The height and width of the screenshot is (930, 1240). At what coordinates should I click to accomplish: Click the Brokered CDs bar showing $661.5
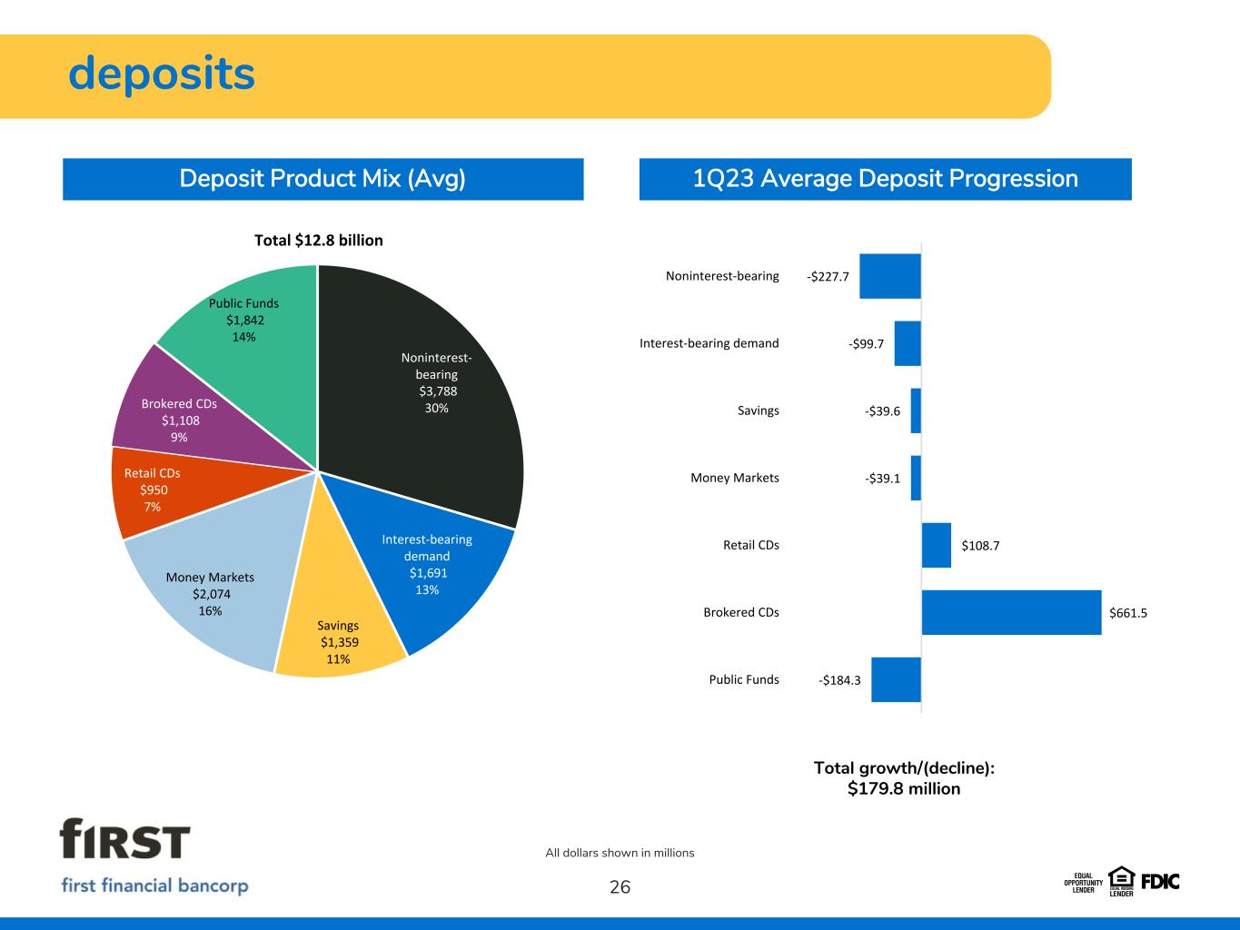tap(1011, 612)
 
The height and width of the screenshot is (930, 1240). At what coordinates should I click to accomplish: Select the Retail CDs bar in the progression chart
tap(937, 545)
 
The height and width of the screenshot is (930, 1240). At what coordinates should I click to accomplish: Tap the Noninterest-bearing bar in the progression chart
tap(890, 276)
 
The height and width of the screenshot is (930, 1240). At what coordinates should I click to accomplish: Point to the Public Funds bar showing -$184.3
tap(896, 679)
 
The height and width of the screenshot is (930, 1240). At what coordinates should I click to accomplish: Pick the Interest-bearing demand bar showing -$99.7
tap(908, 343)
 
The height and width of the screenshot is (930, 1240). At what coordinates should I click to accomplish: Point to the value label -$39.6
tap(882, 411)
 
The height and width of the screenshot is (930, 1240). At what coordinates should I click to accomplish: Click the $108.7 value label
tap(980, 546)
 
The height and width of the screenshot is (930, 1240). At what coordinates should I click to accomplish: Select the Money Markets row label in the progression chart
tap(735, 478)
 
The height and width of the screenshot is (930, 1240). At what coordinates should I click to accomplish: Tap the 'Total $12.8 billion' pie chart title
tap(318, 241)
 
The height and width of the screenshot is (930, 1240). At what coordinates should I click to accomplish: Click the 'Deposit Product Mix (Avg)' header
tap(322, 179)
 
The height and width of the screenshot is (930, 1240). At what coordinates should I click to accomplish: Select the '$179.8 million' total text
tap(904, 789)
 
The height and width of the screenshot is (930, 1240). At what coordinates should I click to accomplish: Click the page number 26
tap(620, 887)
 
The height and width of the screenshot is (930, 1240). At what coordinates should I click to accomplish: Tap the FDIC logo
tap(1160, 881)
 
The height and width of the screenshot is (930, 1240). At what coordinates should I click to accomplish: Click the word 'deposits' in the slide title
tap(162, 74)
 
